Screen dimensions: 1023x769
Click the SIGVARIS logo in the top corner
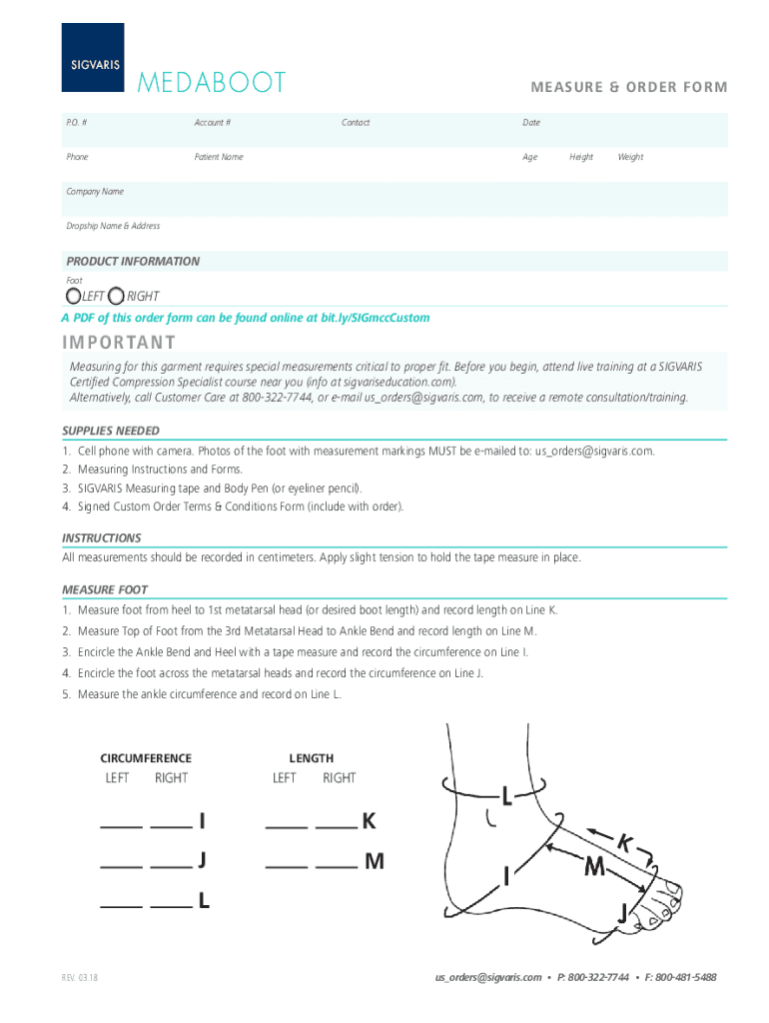pos(93,58)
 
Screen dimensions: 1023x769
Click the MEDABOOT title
pos(212,83)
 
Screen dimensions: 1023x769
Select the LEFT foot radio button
pos(74,296)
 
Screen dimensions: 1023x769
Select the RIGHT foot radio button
pos(116,296)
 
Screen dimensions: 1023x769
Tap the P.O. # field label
pos(76,123)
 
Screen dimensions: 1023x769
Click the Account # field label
pos(212,123)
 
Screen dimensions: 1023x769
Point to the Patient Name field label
pos(218,157)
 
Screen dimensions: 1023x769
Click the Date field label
pos(531,123)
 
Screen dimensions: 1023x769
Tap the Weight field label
pos(630,157)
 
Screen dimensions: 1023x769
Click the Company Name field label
pos(95,191)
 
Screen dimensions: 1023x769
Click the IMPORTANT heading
pos(119,343)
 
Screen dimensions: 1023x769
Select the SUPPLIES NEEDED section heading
pos(110,431)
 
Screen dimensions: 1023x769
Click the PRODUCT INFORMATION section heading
pos(133,261)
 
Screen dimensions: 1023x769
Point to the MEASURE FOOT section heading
pos(105,589)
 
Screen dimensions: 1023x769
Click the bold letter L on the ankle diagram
pos(507,796)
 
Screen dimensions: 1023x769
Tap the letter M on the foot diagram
pos(594,869)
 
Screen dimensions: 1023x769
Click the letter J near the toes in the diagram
pos(622,912)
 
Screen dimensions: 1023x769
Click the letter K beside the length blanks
pos(369,821)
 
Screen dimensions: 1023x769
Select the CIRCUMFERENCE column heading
pos(146,758)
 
